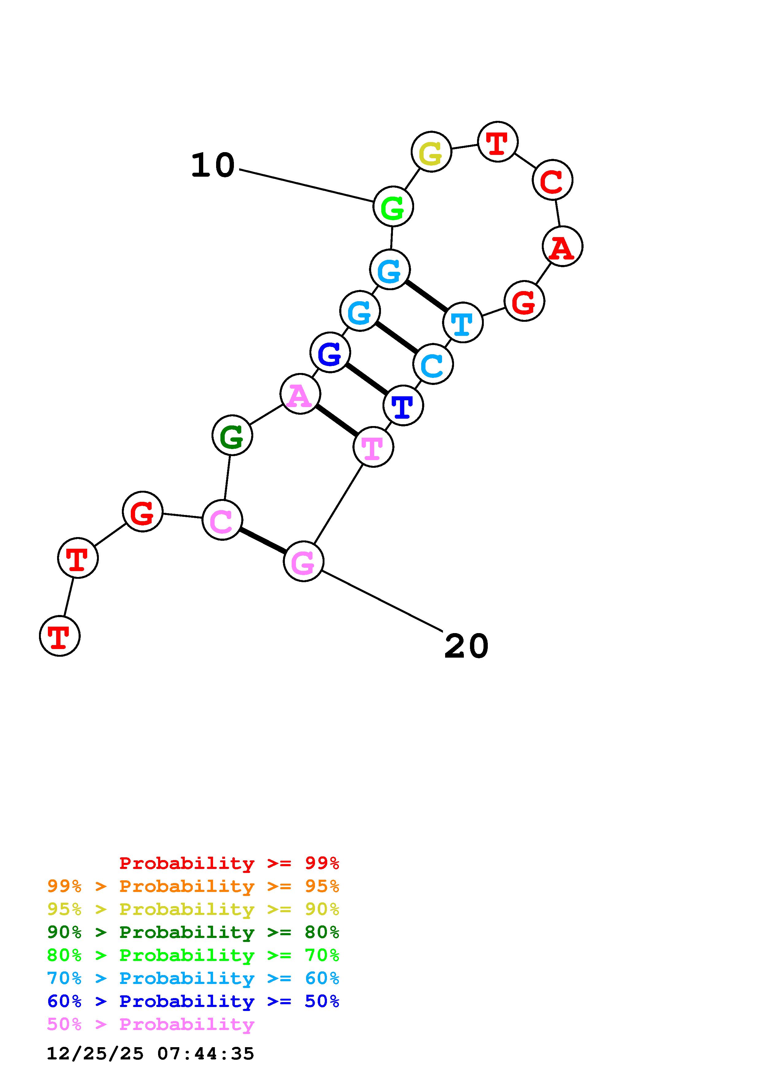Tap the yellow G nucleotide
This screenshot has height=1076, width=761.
[x=431, y=152]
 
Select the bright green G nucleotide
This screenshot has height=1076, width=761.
[x=393, y=207]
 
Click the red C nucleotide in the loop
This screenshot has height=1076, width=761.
[x=552, y=180]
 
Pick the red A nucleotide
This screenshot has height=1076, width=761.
[x=562, y=247]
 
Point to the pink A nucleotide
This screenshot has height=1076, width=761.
[x=300, y=394]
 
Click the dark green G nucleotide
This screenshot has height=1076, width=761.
[x=232, y=435]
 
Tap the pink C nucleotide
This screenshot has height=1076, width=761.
[x=222, y=520]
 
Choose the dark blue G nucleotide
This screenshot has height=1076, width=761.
[x=330, y=352]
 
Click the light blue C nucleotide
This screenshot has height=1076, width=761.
[x=433, y=364]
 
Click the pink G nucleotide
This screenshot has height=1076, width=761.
[x=303, y=561]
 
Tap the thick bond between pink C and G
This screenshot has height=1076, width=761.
[x=262, y=540]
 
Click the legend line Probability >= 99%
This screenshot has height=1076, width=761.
[x=229, y=863]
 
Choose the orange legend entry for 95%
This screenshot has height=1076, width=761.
[x=193, y=886]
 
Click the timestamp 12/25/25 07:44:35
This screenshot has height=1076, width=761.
[x=150, y=1054]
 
